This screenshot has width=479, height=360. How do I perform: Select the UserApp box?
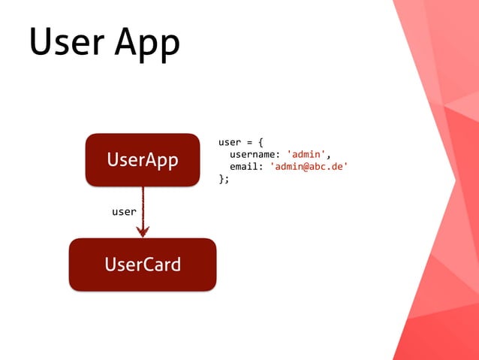(x=143, y=159)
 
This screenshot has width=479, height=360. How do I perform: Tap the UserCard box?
(x=143, y=265)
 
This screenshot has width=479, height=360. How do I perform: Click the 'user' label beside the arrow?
(x=124, y=212)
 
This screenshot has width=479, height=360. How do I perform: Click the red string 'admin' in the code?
(x=306, y=154)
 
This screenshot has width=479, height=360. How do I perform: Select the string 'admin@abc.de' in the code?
(x=309, y=167)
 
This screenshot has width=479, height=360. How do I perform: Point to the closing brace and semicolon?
(x=223, y=180)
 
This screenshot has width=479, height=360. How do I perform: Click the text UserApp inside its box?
(x=143, y=160)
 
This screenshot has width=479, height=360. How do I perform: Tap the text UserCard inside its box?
(x=143, y=265)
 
